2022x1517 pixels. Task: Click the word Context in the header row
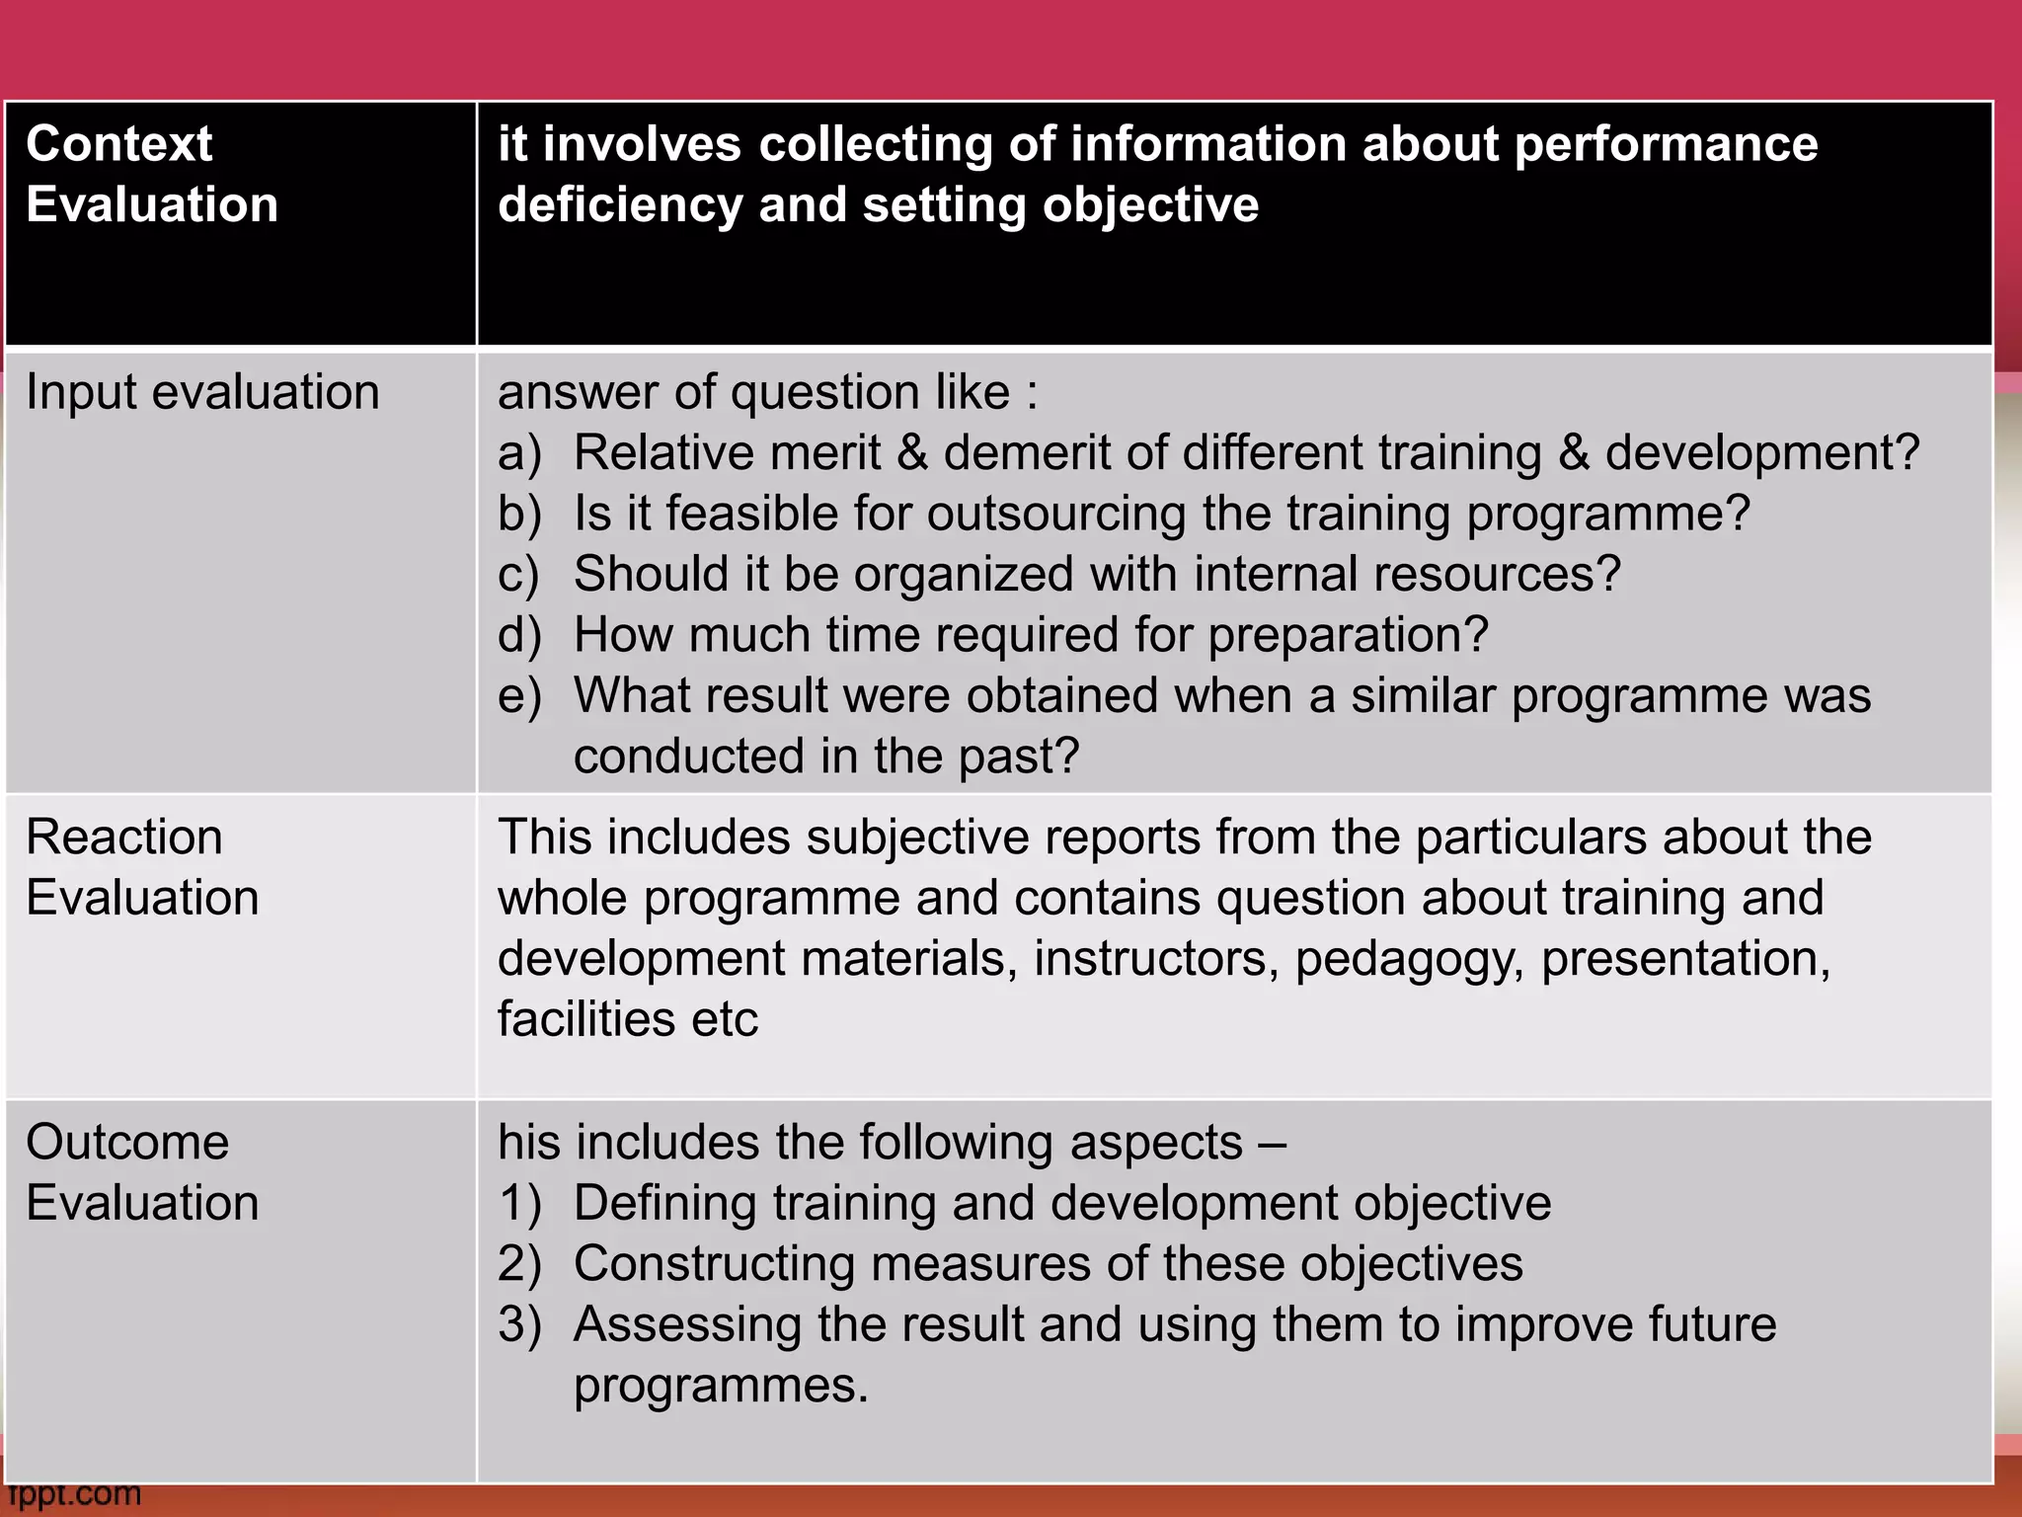point(119,144)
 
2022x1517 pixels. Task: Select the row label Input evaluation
point(202,392)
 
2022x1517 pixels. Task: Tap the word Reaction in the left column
point(124,838)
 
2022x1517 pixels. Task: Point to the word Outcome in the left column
point(127,1143)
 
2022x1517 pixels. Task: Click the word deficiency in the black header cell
point(619,205)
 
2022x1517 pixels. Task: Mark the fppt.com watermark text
point(75,1494)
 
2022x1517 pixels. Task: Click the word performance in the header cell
point(1666,144)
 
